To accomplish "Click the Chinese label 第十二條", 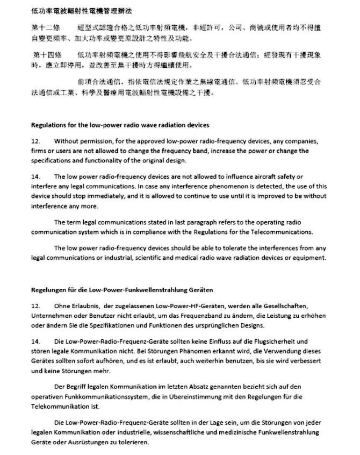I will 46,26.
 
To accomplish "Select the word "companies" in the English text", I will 303,142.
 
